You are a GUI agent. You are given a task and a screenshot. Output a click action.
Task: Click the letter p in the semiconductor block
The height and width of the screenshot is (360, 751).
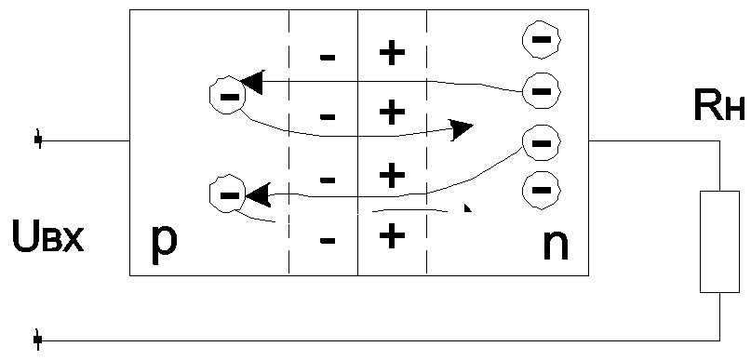pyautogui.click(x=165, y=244)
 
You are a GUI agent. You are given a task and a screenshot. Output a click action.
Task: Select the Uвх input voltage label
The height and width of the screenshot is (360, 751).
pyautogui.click(x=47, y=237)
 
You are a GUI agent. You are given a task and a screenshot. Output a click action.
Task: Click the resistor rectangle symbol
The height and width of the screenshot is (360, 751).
pyautogui.click(x=719, y=241)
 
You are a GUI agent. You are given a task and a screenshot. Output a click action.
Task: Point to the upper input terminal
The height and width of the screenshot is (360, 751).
pyautogui.click(x=38, y=140)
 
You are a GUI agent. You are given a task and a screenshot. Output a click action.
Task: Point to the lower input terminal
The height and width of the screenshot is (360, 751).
pyautogui.click(x=38, y=340)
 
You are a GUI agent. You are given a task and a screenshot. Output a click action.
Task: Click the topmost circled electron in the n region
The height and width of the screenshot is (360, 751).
pyautogui.click(x=542, y=39)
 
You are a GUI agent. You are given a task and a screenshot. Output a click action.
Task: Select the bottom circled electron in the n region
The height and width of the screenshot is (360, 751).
pyautogui.click(x=542, y=190)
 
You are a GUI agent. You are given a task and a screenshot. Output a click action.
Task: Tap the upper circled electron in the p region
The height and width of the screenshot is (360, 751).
pyautogui.click(x=228, y=95)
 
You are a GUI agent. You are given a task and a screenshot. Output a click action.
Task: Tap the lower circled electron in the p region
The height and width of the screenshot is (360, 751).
pyautogui.click(x=228, y=193)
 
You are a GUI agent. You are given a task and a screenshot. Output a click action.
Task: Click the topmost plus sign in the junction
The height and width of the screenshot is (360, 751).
pyautogui.click(x=393, y=53)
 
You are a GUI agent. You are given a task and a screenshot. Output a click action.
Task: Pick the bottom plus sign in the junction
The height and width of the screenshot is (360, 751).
pyautogui.click(x=393, y=235)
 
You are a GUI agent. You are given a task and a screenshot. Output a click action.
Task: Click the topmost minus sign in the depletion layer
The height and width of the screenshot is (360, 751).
pyautogui.click(x=328, y=58)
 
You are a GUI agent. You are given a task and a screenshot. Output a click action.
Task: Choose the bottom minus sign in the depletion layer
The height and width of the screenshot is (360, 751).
pyautogui.click(x=328, y=240)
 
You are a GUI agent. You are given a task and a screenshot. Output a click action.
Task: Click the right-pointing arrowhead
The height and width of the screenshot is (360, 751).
pyautogui.click(x=462, y=128)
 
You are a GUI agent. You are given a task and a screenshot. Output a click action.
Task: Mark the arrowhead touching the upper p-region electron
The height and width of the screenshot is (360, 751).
pyautogui.click(x=253, y=82)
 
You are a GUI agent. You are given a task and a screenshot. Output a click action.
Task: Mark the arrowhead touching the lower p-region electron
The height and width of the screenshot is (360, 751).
pyautogui.click(x=258, y=194)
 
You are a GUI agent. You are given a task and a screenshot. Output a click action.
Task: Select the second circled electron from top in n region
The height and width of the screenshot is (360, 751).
pyautogui.click(x=542, y=90)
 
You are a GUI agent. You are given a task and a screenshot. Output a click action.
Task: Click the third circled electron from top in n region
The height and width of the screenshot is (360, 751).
pyautogui.click(x=542, y=142)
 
